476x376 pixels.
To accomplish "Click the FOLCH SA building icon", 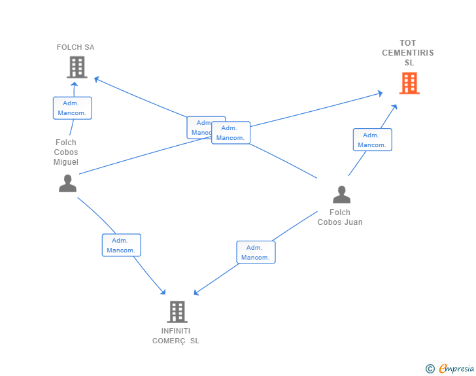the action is coord(77,67).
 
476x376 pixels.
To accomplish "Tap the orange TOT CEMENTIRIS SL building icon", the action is coord(409,83).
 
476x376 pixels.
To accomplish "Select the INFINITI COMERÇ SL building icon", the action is coord(177,312).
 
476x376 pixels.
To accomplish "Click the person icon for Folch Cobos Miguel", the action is coord(67,183).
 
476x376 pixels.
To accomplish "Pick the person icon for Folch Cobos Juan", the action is coord(341,194).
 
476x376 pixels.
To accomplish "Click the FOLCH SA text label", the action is coord(76,47).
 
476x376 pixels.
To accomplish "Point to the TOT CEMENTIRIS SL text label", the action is coord(408,52).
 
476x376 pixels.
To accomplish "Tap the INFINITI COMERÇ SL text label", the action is coord(176,336).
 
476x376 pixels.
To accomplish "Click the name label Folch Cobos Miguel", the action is coord(66,152).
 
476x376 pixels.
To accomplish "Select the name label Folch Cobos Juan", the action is coord(340,217).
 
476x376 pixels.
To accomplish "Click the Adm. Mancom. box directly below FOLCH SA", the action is coord(72,108).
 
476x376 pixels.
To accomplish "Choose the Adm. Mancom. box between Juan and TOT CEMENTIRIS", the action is coord(372,140).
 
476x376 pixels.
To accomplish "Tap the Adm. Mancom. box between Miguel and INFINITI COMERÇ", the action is coord(122,245).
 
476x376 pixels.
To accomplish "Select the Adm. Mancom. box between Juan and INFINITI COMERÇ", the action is coord(256,252).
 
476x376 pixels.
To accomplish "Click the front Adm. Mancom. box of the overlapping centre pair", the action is coord(231,133).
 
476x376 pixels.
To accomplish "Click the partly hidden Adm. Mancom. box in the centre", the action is coord(199,128).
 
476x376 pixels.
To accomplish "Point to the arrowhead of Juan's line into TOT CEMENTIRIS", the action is coord(394,107).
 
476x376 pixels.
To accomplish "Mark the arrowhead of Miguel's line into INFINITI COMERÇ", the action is coord(163,292).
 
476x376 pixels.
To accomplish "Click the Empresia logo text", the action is coord(456,368).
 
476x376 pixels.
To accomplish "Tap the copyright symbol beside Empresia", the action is coord(430,369).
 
